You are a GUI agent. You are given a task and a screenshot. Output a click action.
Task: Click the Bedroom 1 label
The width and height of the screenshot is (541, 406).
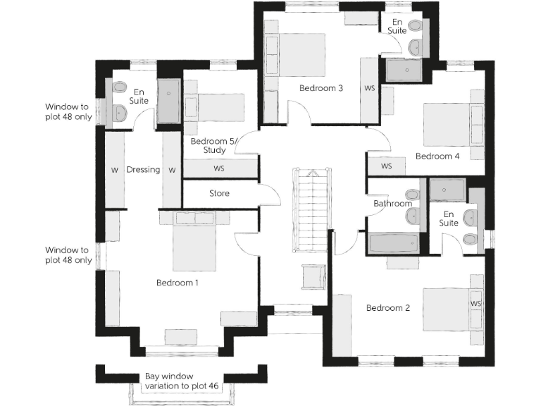[x=177, y=283]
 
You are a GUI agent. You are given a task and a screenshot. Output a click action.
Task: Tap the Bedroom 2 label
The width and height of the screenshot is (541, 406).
[x=387, y=308]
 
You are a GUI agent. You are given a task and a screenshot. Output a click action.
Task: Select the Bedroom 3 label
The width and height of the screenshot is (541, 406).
[x=321, y=88]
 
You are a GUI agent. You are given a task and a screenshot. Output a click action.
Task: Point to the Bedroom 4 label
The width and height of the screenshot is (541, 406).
[x=437, y=156]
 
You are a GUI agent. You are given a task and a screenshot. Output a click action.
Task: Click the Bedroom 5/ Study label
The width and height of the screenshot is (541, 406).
[x=215, y=145]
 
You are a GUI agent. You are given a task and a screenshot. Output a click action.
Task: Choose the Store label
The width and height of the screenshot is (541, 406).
[x=219, y=193]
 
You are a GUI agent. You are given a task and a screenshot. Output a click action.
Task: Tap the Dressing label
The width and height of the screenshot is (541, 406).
[x=143, y=170]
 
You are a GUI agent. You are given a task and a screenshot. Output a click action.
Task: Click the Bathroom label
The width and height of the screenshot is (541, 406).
[x=392, y=204]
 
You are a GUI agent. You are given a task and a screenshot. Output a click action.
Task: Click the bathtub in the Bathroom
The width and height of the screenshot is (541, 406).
[x=394, y=243]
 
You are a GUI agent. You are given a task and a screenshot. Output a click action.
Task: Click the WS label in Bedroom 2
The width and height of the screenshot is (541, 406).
[x=475, y=303]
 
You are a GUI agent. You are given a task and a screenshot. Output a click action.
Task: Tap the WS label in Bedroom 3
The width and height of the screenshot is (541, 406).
[x=369, y=89]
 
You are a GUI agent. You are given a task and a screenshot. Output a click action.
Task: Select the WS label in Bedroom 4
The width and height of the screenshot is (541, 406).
[x=386, y=166]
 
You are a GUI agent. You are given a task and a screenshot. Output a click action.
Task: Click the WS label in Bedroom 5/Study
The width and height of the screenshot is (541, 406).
[x=219, y=169]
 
